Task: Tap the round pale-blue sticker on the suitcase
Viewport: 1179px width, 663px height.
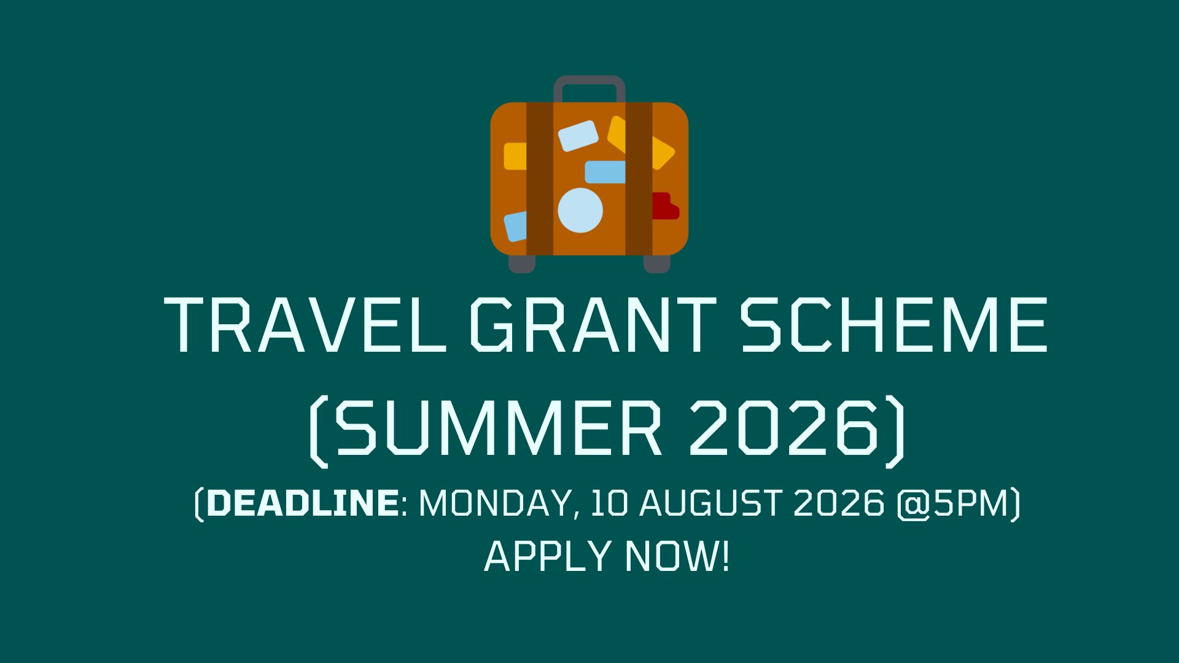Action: [580, 211]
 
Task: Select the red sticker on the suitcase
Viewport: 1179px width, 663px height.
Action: [665, 206]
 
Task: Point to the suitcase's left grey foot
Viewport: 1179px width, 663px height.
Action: [522, 263]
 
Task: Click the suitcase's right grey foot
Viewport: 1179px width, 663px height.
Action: [656, 263]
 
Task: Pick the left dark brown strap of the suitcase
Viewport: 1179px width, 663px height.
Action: [540, 179]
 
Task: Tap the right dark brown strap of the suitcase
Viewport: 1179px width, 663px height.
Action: [639, 179]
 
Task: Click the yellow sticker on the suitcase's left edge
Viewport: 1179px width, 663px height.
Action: [515, 156]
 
